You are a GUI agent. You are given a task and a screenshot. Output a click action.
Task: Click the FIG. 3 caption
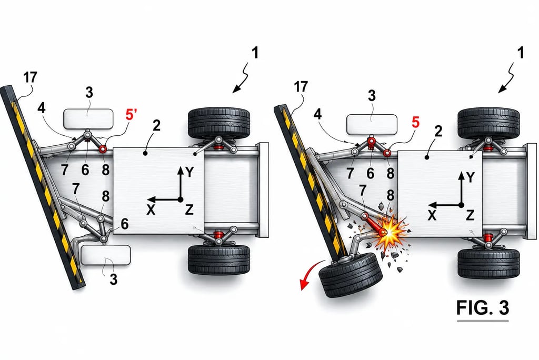pyautogui.click(x=482, y=307)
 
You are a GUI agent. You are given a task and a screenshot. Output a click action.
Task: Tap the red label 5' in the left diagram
pyautogui.click(x=131, y=115)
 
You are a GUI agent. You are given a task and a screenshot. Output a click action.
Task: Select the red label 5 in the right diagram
pyautogui.click(x=416, y=123)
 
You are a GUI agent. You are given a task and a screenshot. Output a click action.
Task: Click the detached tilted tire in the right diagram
pyautogui.click(x=351, y=275)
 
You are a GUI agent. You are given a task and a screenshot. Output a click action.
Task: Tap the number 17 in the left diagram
pyautogui.click(x=30, y=77)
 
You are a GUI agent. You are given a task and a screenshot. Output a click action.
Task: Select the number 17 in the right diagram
pyautogui.click(x=301, y=87)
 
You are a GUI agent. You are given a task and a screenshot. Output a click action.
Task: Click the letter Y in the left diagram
pyautogui.click(x=189, y=172)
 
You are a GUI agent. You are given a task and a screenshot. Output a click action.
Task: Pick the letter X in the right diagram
pyautogui.click(x=432, y=216)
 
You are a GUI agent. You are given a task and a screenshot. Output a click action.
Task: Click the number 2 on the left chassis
pyautogui.click(x=156, y=126)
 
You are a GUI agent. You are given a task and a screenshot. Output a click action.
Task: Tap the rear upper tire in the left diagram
pyautogui.click(x=219, y=123)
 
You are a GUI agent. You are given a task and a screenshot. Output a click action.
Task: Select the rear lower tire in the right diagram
pyautogui.click(x=489, y=263)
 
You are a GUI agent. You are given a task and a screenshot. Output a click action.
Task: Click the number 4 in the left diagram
pyautogui.click(x=41, y=108)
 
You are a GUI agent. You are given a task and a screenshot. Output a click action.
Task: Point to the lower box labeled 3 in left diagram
pyautogui.click(x=105, y=255)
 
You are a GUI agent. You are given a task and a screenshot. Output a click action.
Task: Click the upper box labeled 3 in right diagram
pyautogui.click(x=372, y=124)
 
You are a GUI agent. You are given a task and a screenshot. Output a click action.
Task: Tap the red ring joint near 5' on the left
pyautogui.click(x=103, y=149)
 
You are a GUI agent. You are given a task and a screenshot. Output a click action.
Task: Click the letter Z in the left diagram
pyautogui.click(x=189, y=209)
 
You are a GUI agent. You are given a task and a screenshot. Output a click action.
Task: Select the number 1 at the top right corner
pyautogui.click(x=521, y=53)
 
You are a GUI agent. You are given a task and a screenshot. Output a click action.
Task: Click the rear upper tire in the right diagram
pyautogui.click(x=489, y=123)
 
